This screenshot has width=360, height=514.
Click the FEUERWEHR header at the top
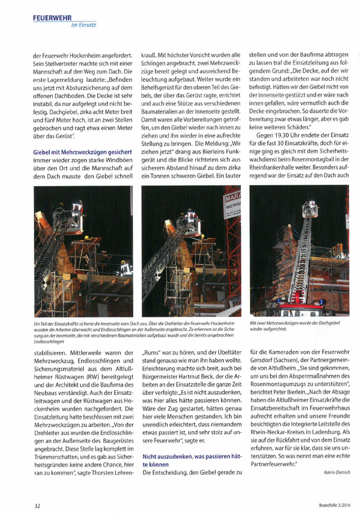coord(52,17)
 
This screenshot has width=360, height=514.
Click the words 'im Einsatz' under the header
coord(84,25)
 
